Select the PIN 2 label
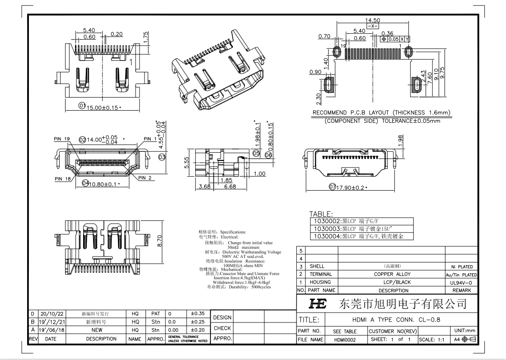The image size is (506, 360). click(x=145, y=178)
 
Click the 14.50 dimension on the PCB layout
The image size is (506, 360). click(x=373, y=20)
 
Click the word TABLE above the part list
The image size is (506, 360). click(x=321, y=214)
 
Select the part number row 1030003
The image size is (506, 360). click(x=356, y=229)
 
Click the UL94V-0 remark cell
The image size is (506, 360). click(x=461, y=282)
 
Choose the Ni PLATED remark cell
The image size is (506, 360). click(x=461, y=266)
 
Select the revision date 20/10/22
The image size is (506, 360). click(x=53, y=313)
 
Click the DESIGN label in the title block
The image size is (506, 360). click(x=222, y=318)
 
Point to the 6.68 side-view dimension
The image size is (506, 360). click(x=230, y=186)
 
